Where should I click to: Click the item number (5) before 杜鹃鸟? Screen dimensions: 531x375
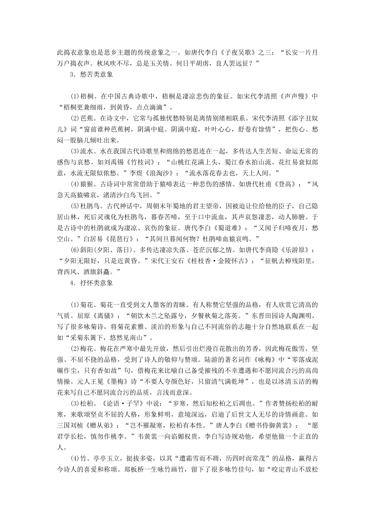[x=75, y=206]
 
